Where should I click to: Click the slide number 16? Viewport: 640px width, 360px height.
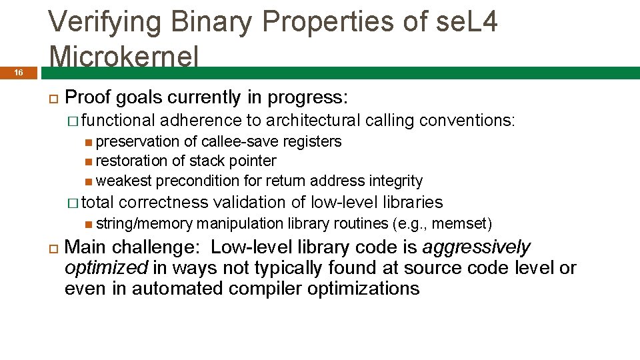(19, 73)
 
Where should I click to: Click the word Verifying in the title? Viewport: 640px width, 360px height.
(104, 23)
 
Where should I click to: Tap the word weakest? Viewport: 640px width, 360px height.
(124, 181)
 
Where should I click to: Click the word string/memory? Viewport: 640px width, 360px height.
(144, 223)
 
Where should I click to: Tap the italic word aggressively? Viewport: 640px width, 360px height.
(477, 247)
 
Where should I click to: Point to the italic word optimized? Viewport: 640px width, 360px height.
(106, 268)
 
